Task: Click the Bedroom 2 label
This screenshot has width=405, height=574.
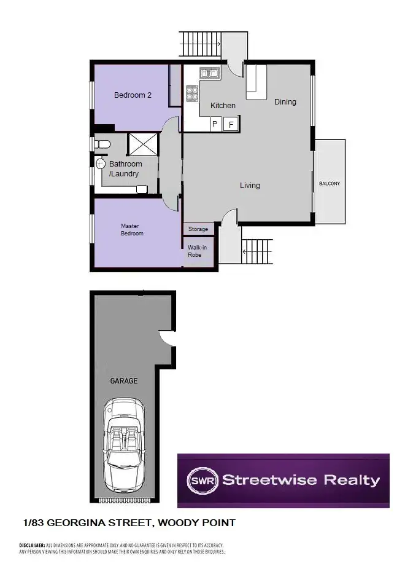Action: click(x=133, y=95)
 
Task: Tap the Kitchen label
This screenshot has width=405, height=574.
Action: click(x=223, y=106)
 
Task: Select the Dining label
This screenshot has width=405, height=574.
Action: click(x=285, y=102)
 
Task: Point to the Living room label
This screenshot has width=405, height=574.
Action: click(x=250, y=185)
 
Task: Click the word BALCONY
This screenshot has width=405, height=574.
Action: click(x=329, y=184)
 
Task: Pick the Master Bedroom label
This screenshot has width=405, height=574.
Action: click(x=132, y=230)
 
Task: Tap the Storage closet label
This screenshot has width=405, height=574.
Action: click(x=198, y=229)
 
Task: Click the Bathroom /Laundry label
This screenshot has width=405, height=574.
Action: click(x=125, y=169)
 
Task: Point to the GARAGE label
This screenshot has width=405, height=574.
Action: click(x=123, y=381)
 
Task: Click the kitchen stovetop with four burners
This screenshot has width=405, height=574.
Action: click(x=193, y=93)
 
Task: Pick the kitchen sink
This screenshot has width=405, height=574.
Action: click(x=209, y=74)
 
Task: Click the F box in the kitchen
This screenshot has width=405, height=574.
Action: click(x=231, y=125)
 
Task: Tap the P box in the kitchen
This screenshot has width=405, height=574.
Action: click(x=215, y=125)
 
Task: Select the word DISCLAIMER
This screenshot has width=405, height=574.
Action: click(x=32, y=545)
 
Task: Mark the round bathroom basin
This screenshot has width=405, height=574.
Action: click(x=101, y=164)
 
